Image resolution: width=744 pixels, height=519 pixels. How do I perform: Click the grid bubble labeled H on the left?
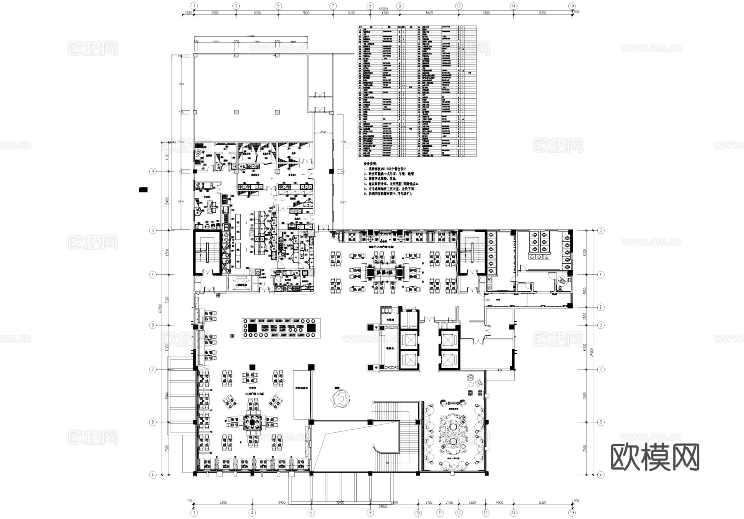[153, 171]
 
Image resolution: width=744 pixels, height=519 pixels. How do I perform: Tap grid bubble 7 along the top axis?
[333, 6]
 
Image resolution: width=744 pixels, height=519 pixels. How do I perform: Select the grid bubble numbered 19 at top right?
[572, 6]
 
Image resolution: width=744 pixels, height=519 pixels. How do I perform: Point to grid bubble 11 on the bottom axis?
[441, 513]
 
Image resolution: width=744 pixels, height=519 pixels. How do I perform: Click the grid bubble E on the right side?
[601, 307]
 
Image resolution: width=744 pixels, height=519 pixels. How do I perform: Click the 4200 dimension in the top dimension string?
[385, 13]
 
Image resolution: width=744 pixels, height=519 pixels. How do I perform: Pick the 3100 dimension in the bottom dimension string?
[429, 503]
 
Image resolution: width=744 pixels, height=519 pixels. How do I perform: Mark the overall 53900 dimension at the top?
[383, 8]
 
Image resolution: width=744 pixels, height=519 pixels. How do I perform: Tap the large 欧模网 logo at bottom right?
[655, 457]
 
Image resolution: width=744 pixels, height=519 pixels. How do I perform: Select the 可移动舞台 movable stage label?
[302, 388]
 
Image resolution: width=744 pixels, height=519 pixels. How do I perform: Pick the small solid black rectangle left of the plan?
[143, 190]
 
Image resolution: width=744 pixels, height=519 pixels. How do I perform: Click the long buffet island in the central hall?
[281, 328]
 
